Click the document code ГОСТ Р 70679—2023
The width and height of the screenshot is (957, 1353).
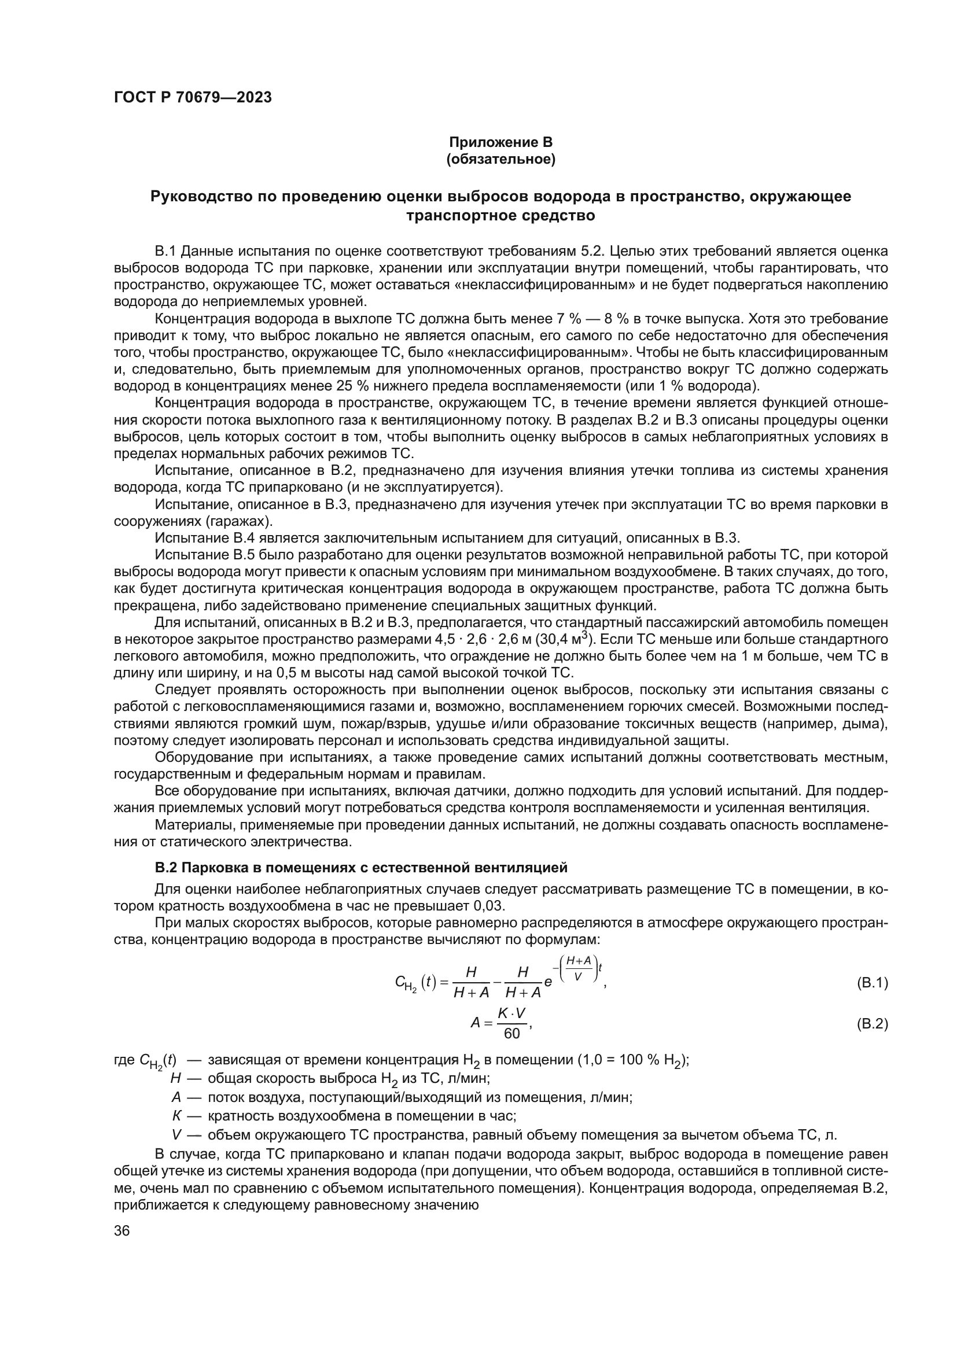[193, 98]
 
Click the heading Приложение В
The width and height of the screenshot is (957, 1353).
[501, 142]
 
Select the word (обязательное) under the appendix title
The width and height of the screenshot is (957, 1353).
[501, 159]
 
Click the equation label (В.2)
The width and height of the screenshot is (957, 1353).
[871, 1024]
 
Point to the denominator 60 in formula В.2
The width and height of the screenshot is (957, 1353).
[511, 1034]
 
